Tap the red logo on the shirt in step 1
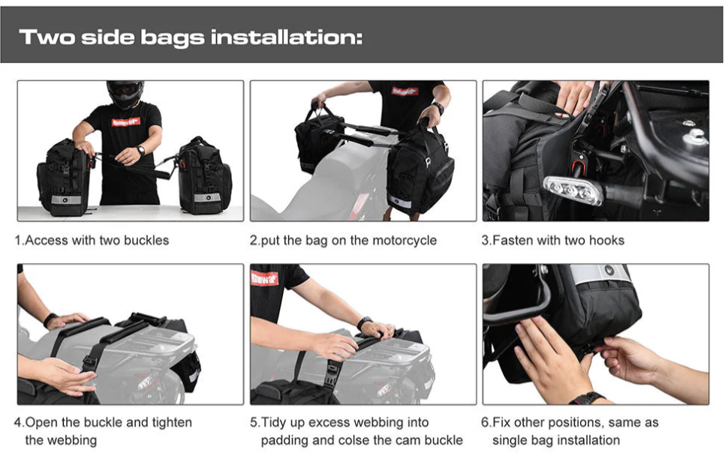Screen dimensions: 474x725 125,121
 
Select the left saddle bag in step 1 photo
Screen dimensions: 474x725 63,178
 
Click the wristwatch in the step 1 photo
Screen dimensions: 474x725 140,150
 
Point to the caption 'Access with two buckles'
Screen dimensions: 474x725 96,241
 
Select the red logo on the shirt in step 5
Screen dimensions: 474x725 264,278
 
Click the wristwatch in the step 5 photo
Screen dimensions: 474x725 364,322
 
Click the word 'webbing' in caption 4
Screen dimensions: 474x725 71,440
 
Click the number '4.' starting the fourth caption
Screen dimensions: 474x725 20,422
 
